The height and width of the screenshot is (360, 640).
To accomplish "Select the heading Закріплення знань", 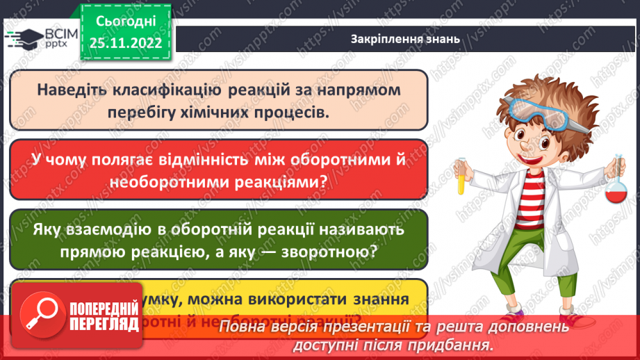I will pos(405,40).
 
